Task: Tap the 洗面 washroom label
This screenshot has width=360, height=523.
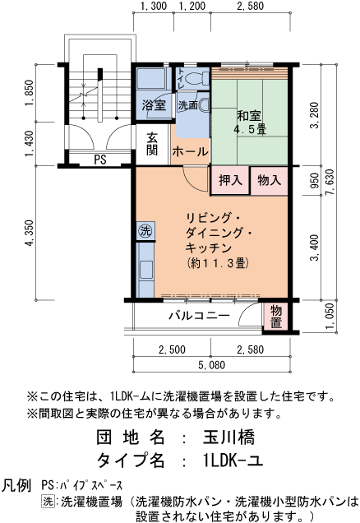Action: [x=187, y=105]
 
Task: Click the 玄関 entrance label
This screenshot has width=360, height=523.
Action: [x=152, y=144]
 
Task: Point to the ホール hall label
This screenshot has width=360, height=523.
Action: [x=190, y=151]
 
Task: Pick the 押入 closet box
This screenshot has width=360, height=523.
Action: [x=230, y=179]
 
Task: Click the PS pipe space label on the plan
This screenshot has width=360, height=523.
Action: [x=99, y=159]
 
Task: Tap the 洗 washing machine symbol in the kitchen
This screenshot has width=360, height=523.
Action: [x=145, y=230]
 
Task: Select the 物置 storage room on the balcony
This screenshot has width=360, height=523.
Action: [x=277, y=317]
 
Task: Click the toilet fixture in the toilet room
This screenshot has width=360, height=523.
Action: [x=195, y=80]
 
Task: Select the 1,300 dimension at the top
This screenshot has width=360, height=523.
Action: [x=153, y=7]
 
